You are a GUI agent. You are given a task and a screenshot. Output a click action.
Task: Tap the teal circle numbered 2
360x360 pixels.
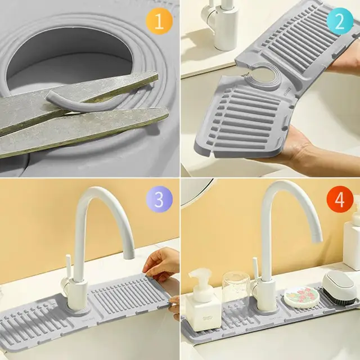[339, 21]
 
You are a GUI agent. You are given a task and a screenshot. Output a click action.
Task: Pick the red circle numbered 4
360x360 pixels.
[339, 200]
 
